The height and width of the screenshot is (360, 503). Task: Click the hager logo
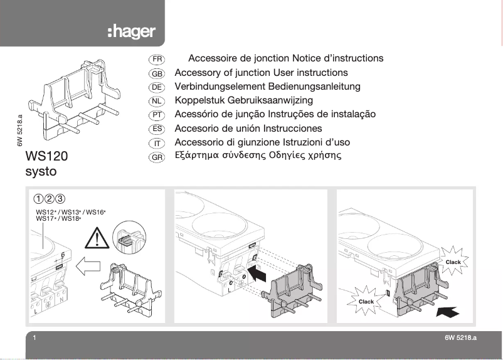pyautogui.click(x=131, y=32)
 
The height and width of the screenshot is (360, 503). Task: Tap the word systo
pyautogui.click(x=42, y=171)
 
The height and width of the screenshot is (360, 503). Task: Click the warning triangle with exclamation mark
pyautogui.click(x=98, y=238)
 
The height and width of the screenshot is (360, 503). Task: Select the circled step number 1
pyautogui.click(x=39, y=199)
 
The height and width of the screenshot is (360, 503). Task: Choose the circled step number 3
pyautogui.click(x=60, y=199)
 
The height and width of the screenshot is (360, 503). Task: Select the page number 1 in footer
pyautogui.click(x=34, y=338)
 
